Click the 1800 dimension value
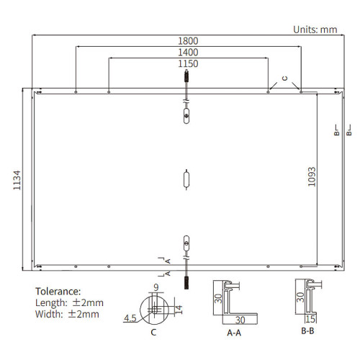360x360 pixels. pos(188,41)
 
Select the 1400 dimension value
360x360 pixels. pos(188,53)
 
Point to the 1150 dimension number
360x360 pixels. pos(188,64)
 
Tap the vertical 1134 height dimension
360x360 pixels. pos(17,180)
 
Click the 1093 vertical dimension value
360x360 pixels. pos(312,177)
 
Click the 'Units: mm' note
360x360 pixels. pos(315,30)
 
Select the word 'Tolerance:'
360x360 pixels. pos(58,292)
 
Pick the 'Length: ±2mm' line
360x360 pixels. pos(69,303)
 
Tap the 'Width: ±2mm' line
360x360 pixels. pos(67,314)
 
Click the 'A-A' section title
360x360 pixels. pos(234,333)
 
